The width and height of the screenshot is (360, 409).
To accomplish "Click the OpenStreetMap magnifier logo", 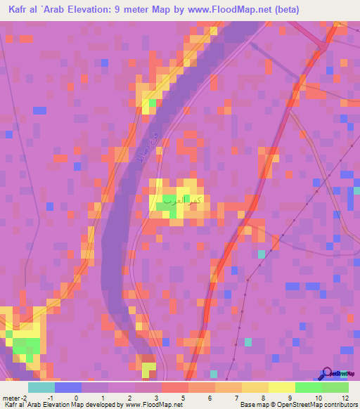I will tap(327, 373).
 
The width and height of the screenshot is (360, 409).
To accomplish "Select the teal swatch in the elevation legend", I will tap(41, 387).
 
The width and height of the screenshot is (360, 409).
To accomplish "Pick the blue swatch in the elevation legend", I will tap(67, 387).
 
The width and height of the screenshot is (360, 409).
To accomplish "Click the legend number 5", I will tap(183, 398).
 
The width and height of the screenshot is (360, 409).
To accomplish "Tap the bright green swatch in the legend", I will tap(308, 387).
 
